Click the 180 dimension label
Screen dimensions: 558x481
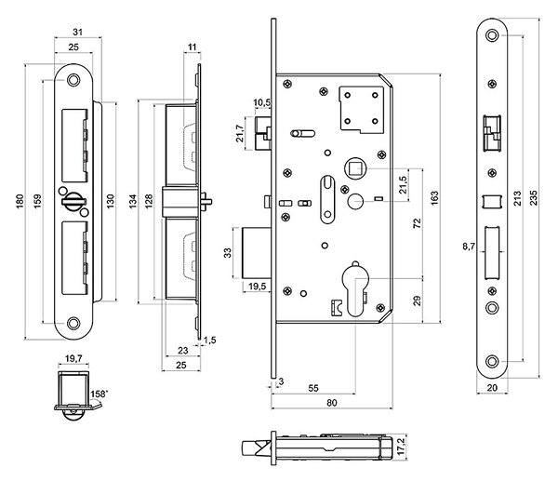(20, 201)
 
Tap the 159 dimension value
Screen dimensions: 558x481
(37, 201)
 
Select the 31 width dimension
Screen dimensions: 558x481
(77, 32)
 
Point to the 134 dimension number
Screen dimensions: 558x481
(133, 201)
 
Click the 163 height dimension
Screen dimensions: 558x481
(434, 198)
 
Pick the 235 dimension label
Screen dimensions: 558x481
(534, 198)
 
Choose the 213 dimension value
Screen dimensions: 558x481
(517, 198)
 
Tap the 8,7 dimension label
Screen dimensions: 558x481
(469, 247)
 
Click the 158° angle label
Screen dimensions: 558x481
(99, 394)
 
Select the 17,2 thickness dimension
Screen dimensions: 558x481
(401, 447)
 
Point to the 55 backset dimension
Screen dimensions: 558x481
(313, 388)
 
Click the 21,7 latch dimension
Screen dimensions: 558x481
(240, 134)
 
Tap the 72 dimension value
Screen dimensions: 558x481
(417, 223)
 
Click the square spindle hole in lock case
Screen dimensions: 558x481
(355, 168)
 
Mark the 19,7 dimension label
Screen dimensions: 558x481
(73, 358)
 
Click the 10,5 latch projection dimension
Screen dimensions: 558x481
(262, 102)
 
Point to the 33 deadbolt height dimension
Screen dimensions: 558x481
(227, 253)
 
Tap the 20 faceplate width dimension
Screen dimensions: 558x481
(492, 387)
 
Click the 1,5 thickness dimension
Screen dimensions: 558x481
(209, 340)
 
